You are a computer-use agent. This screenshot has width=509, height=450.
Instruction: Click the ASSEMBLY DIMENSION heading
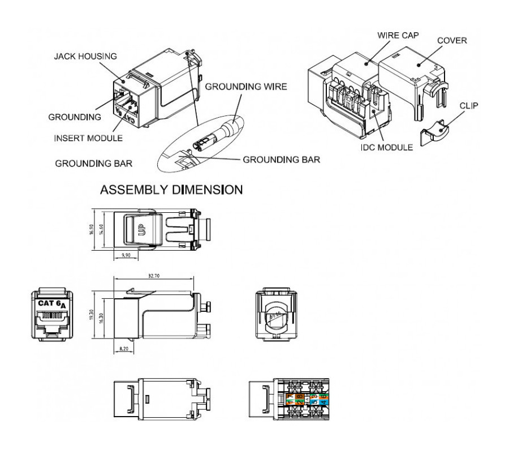(x=171, y=191)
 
